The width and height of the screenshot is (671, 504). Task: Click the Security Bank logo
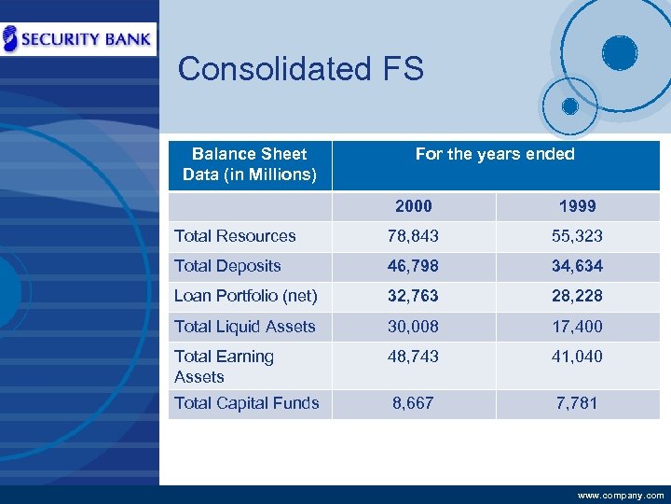tap(78, 38)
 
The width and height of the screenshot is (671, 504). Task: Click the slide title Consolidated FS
tap(300, 69)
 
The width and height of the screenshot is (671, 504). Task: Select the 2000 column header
tap(413, 205)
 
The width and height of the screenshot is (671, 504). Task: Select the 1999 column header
tap(577, 205)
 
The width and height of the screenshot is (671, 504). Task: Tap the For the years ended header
tap(495, 154)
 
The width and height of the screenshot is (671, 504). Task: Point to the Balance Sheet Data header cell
tap(249, 164)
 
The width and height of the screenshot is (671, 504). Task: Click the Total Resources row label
tap(235, 236)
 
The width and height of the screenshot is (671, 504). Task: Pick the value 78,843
tap(413, 236)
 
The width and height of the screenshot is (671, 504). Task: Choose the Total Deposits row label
tap(227, 266)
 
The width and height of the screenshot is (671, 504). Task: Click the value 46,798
tap(413, 266)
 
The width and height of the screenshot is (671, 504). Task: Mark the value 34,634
tap(577, 266)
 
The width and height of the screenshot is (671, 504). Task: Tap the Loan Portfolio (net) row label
tap(246, 296)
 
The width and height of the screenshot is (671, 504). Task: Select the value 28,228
tap(577, 296)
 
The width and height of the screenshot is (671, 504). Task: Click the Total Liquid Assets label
tap(245, 327)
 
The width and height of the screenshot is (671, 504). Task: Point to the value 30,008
tap(413, 327)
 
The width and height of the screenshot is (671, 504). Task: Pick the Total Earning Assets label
tap(224, 366)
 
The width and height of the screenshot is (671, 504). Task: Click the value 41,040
tap(577, 357)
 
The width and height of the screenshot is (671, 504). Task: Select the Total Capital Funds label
tap(247, 403)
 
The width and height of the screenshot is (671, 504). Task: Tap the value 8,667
tap(413, 403)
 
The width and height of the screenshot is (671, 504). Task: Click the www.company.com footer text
tap(621, 496)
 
